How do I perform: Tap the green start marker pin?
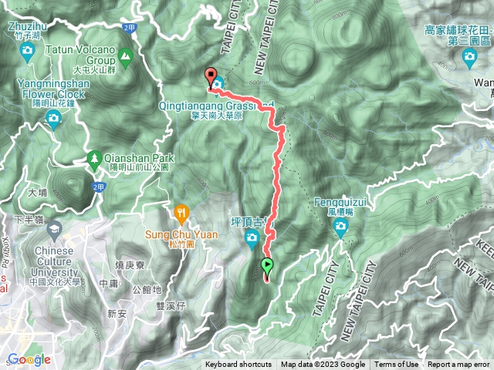[267, 267]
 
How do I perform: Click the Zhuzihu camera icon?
[29, 52]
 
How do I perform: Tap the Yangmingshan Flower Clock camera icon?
[53, 118]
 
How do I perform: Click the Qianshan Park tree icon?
[94, 157]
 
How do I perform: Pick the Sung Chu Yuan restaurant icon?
[181, 210]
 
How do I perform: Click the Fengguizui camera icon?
[340, 227]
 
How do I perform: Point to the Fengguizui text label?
[340, 203]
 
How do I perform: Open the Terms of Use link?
[397, 365]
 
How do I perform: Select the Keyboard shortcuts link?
[238, 365]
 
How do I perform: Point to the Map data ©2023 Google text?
[323, 365]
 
